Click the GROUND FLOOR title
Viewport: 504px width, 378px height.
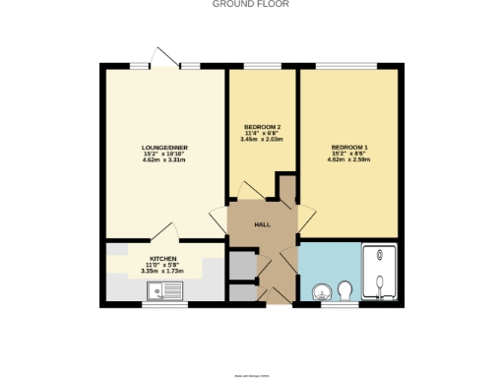[251, 4]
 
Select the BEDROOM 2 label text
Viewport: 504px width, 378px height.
[263, 126]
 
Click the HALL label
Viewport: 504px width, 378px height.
[262, 225]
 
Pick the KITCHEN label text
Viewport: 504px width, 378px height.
[163, 258]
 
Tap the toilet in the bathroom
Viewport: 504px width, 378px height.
[345, 290]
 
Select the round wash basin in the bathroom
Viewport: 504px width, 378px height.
[320, 291]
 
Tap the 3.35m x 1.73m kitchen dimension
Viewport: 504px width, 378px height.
[163, 272]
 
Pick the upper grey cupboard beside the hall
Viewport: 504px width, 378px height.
[241, 264]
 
